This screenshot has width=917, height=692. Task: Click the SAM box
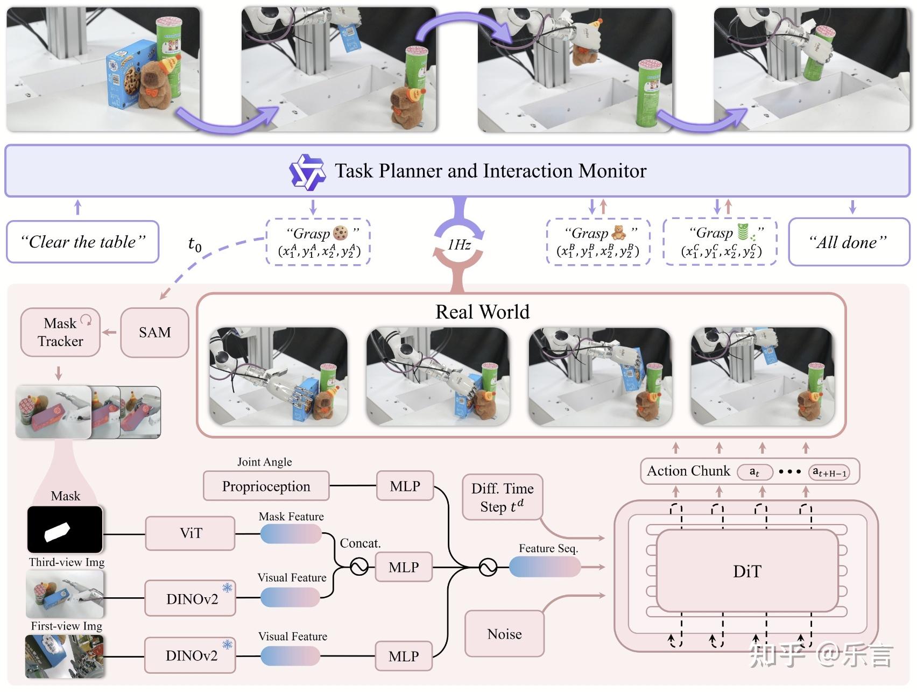point(154,333)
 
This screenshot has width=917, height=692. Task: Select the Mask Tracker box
point(60,333)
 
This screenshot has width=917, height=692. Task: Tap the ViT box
point(191,533)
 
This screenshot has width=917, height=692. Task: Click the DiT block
point(747,571)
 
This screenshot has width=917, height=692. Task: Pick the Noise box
point(504,634)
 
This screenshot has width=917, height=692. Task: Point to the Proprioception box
point(266,486)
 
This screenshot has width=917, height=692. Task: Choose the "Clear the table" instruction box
point(82,242)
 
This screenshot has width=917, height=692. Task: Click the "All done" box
point(848,242)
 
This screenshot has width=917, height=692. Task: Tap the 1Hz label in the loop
point(459,245)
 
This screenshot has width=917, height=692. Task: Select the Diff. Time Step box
point(502,497)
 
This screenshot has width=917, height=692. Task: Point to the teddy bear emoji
point(619,233)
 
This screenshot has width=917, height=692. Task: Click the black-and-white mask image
point(65,529)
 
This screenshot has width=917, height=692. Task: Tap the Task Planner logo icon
point(307,172)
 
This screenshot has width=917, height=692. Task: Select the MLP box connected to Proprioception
point(405,486)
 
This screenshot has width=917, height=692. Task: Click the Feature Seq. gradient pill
point(545,567)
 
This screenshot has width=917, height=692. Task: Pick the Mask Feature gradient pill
point(291,534)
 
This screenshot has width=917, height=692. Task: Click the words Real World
point(482,312)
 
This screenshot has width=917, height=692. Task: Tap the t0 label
point(195,244)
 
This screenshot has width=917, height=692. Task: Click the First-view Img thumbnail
point(65,656)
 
